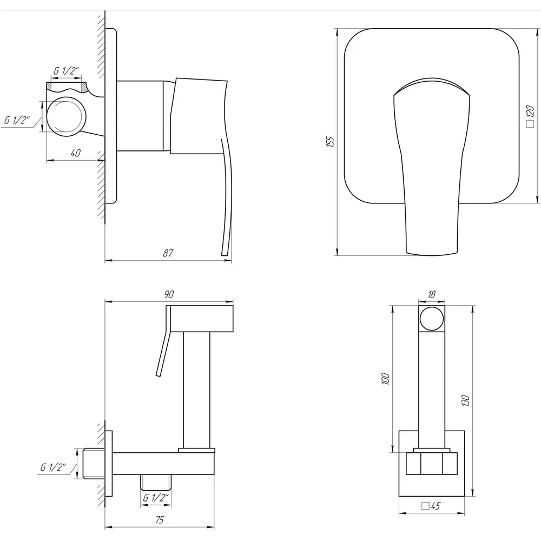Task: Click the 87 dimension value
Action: click(168, 253)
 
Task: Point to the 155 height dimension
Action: click(330, 142)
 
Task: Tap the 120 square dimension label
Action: click(530, 117)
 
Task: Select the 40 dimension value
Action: click(76, 153)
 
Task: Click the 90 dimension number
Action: click(169, 294)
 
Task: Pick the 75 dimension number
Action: click(160, 519)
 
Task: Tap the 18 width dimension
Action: click(431, 294)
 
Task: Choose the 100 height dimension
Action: click(386, 379)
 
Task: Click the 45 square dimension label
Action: click(431, 506)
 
